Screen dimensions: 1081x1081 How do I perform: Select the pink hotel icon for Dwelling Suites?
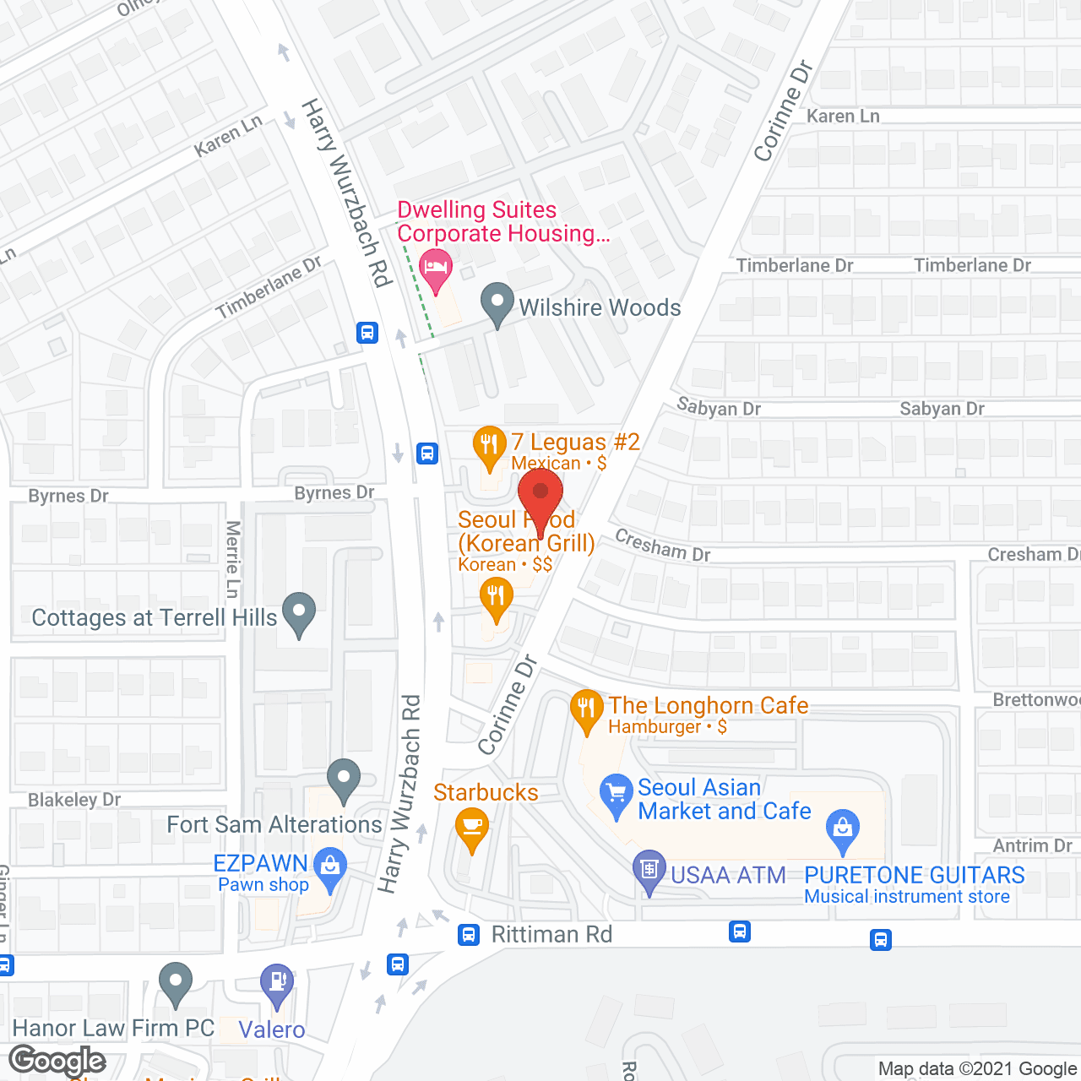click(x=436, y=269)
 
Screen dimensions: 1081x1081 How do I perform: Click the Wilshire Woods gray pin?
click(x=497, y=302)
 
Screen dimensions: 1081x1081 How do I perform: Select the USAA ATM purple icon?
click(x=649, y=870)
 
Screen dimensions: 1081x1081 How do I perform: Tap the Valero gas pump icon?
click(x=277, y=984)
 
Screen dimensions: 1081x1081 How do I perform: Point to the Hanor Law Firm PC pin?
click(x=176, y=982)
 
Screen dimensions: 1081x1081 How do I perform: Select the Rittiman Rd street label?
click(x=551, y=934)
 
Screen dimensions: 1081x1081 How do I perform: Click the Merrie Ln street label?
click(x=233, y=559)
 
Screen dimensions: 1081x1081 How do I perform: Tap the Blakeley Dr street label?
click(x=74, y=800)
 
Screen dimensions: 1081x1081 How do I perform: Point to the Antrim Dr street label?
click(x=1032, y=845)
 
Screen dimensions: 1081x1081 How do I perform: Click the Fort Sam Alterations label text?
click(x=274, y=824)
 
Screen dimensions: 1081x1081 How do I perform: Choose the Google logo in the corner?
click(x=57, y=1060)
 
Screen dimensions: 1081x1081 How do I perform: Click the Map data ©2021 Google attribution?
click(x=978, y=1069)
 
